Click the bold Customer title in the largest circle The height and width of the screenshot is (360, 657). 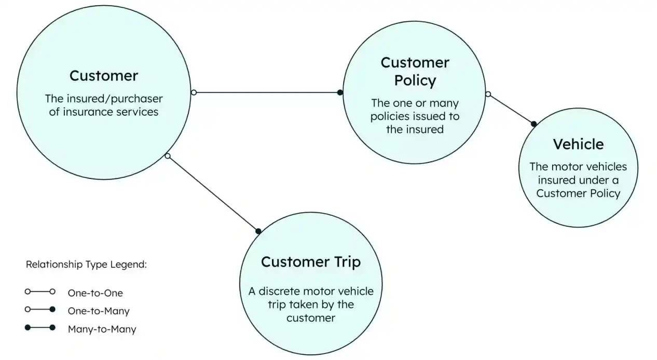pyautogui.click(x=104, y=76)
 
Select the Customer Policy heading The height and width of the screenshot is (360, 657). pyautogui.click(x=415, y=72)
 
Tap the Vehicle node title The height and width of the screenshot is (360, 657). pyautogui.click(x=578, y=144)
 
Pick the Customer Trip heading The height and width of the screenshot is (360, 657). pyautogui.click(x=310, y=261)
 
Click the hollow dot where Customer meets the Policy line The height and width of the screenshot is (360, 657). pyautogui.click(x=194, y=92)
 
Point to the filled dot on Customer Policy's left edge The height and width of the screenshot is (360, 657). pyautogui.click(x=340, y=92)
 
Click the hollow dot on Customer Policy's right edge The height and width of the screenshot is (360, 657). pyautogui.click(x=488, y=94)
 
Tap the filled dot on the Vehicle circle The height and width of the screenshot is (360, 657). pyautogui.click(x=533, y=124)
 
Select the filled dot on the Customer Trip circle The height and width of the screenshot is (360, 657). pyautogui.click(x=258, y=231)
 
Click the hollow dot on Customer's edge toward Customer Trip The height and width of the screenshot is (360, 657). pyautogui.click(x=167, y=156)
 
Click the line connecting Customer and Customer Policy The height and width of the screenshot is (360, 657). pyautogui.click(x=267, y=92)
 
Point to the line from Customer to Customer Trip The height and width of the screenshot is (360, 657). pyautogui.click(x=213, y=193)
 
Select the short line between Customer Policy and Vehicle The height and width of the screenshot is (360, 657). pyautogui.click(x=511, y=109)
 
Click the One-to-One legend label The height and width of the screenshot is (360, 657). pyautogui.click(x=95, y=293)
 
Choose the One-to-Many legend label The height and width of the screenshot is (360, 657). pyautogui.click(x=99, y=311)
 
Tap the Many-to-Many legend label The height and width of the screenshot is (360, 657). pyautogui.click(x=102, y=329)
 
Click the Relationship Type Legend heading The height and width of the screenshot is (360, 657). pyautogui.click(x=86, y=265)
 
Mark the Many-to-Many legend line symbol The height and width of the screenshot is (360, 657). pyautogui.click(x=40, y=328)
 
